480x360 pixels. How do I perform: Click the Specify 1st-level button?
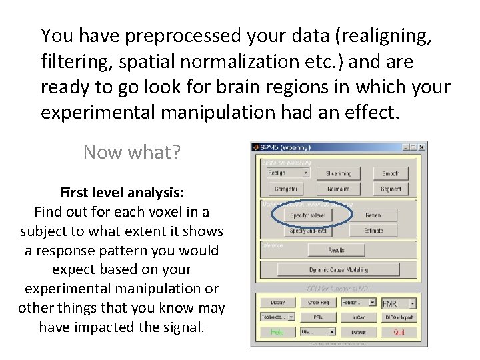(307, 215)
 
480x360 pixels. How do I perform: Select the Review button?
(373, 215)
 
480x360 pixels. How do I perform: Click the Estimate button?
(373, 231)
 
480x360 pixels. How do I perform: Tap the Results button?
(336, 250)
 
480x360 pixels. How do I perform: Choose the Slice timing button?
(339, 173)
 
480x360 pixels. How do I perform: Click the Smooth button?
(391, 173)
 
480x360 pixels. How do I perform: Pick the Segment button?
(391, 189)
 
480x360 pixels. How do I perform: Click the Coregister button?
(287, 189)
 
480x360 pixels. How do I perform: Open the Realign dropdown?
(287, 173)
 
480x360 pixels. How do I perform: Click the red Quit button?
(399, 331)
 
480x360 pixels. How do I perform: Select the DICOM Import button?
(399, 317)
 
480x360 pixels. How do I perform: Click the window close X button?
(421, 147)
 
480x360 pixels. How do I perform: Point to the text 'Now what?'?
(132, 153)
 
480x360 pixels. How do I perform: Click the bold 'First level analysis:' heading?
(122, 193)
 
